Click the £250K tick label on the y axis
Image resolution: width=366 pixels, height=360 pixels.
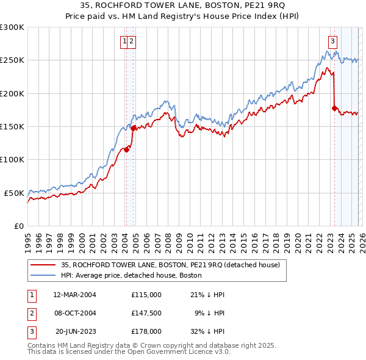(x=12, y=60)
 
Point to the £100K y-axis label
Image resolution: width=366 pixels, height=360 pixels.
(x=12, y=159)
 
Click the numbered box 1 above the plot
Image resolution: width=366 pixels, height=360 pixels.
(x=124, y=41)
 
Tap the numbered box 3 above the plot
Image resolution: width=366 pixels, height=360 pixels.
(x=332, y=41)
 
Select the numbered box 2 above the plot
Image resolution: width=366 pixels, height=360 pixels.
(x=132, y=41)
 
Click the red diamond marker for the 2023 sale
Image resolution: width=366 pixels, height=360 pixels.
(x=334, y=109)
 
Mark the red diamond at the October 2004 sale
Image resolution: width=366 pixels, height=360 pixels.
(x=134, y=128)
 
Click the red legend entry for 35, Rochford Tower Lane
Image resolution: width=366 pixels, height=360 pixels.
(x=170, y=265)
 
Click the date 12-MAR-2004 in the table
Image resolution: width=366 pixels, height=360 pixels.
(x=74, y=295)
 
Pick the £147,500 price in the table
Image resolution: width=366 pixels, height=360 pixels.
(x=146, y=314)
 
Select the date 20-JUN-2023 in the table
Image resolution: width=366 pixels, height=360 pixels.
(x=74, y=333)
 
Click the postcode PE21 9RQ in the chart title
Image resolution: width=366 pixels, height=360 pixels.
(x=267, y=6)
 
